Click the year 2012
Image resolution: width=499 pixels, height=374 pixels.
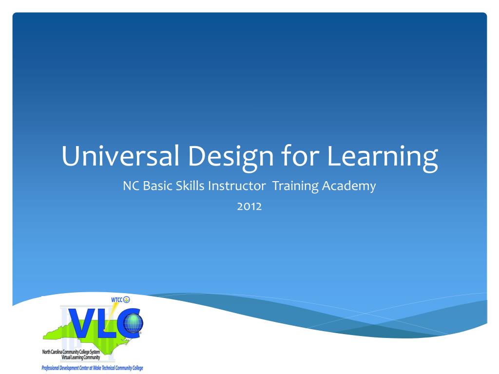coord(249,206)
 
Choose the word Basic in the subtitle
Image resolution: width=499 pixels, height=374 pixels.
coord(155,186)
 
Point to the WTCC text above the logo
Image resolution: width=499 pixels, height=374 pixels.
coord(117,299)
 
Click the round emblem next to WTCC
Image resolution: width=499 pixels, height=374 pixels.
coord(127,299)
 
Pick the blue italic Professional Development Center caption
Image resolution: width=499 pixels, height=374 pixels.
coord(92,368)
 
